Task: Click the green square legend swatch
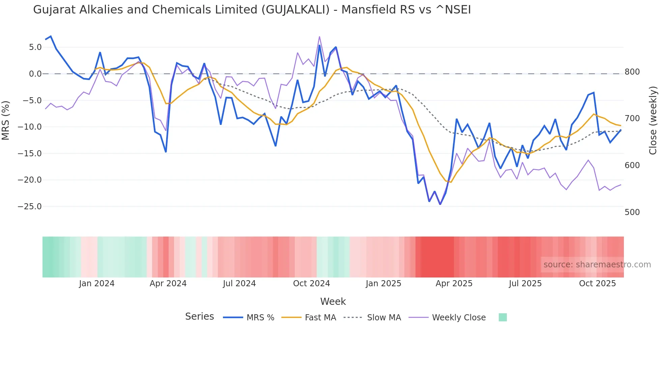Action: point(502,317)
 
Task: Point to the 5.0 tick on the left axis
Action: point(35,47)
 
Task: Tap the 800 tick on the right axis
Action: point(632,72)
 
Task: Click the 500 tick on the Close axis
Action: point(632,212)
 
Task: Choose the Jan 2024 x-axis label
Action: point(97,284)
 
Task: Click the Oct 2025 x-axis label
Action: point(597,284)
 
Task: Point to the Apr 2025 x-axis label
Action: point(454,284)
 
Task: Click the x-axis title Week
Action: point(333,301)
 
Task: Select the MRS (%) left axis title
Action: point(5,121)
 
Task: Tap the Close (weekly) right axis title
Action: point(653,121)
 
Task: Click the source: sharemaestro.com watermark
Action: point(597,265)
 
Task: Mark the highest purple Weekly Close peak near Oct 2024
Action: point(319,37)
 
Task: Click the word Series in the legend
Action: point(199,317)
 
